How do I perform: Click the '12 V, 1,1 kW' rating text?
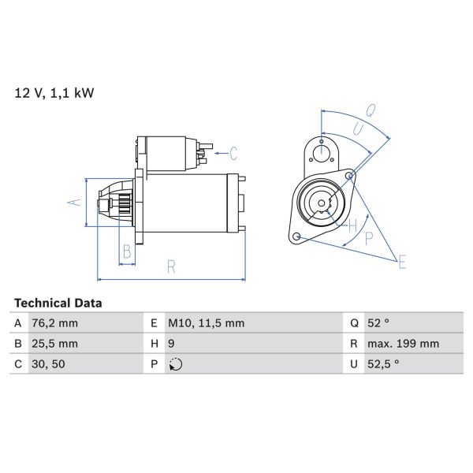coord(54,94)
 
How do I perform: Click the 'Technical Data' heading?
coord(58,303)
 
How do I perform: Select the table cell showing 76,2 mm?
coord(56,323)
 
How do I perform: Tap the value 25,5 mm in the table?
coord(56,344)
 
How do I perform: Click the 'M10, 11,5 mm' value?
coord(206,323)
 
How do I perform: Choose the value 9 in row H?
coord(173,344)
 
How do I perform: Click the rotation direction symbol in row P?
coord(175,364)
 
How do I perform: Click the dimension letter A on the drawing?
coord(74,202)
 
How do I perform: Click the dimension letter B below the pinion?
coord(126,252)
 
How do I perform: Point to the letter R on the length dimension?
coord(171,267)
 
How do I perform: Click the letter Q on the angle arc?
coord(371,110)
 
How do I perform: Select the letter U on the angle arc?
coord(357,128)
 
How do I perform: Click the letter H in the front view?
coord(353,226)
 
